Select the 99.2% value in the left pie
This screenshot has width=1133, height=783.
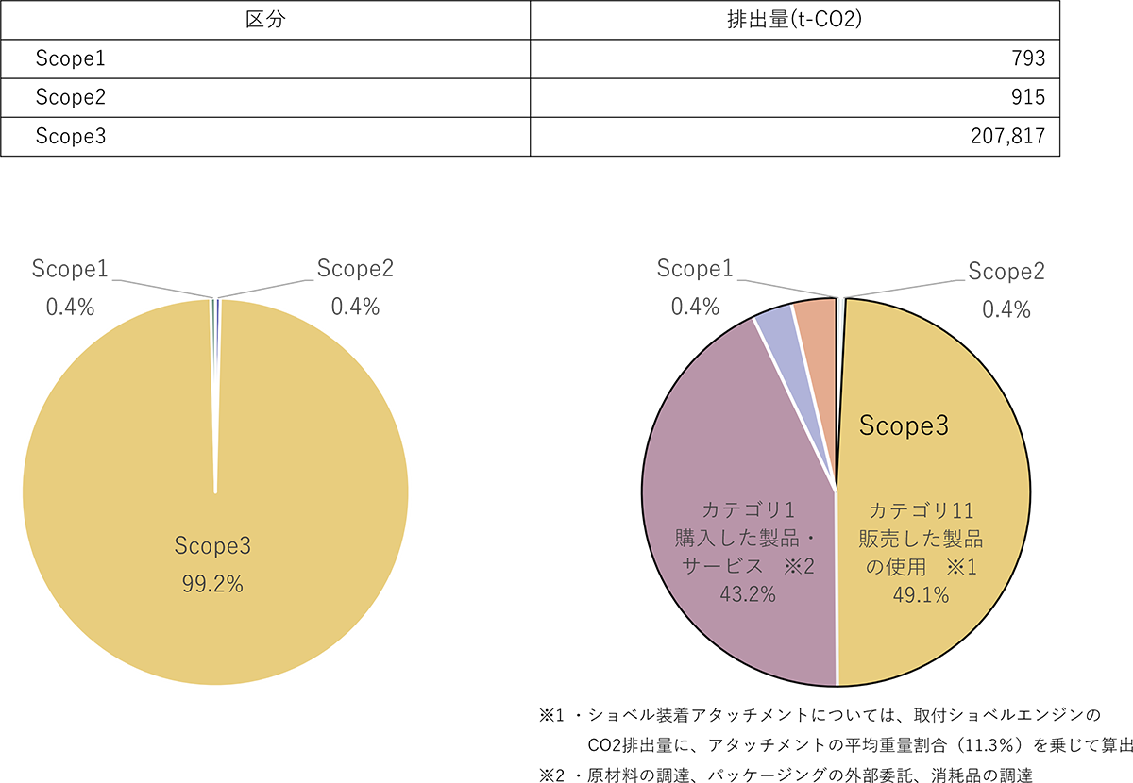[212, 585]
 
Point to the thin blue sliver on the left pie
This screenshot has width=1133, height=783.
[218, 311]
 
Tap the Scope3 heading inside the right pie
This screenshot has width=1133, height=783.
[904, 426]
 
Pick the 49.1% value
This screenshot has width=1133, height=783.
[921, 595]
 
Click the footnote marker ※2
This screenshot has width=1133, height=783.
[793, 567]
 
